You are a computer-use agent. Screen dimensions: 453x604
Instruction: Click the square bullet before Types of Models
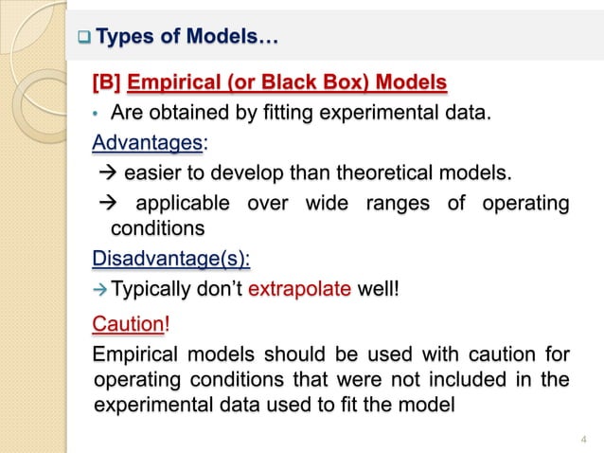tap(83, 39)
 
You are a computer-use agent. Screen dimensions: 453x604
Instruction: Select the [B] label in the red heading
tap(106, 83)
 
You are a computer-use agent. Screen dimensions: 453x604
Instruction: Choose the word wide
tap(327, 204)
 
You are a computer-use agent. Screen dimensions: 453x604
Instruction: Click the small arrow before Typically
tap(98, 289)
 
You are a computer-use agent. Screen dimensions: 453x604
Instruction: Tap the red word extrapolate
tap(300, 288)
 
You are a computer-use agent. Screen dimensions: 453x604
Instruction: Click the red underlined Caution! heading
tap(129, 326)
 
